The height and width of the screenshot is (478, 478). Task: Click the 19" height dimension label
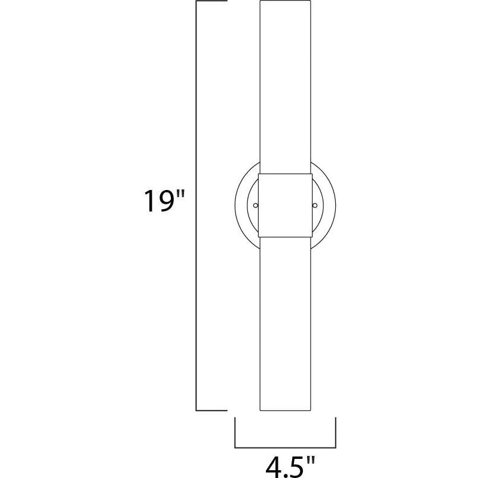coord(164,201)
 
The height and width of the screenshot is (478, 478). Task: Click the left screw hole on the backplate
coord(256,206)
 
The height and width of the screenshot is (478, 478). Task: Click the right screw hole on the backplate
coord(315,206)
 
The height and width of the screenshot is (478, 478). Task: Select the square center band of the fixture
coord(286,206)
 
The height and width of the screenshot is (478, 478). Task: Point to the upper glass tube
coord(286,87)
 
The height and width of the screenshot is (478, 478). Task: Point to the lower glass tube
coord(286,324)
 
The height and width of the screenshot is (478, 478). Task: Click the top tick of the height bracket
coord(212,1)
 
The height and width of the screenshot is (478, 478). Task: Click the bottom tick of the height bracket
coord(212,410)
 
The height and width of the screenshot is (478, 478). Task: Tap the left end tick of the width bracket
coord(235,433)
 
